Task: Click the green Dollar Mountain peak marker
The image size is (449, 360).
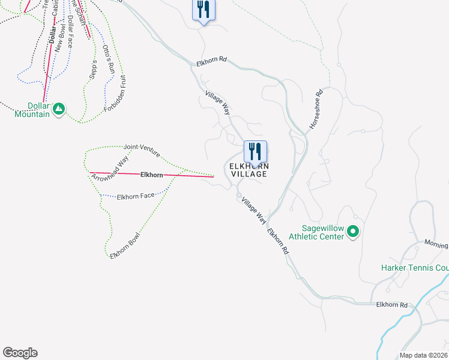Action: (58, 109)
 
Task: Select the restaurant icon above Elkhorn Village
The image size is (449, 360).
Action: (255, 152)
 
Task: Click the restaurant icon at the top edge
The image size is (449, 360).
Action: (203, 10)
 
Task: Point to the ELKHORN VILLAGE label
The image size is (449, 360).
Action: (247, 170)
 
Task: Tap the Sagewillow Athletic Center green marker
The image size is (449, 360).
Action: (353, 231)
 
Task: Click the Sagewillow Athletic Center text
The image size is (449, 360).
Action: (316, 232)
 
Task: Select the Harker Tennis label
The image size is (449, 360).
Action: (415, 268)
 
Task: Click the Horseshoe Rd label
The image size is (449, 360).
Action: (316, 110)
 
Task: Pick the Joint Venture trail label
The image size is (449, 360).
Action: (142, 150)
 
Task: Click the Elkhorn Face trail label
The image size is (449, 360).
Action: (136, 196)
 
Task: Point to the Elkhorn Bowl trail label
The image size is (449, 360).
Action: (125, 245)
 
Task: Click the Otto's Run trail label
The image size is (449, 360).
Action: (108, 59)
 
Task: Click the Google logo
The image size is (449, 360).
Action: (20, 353)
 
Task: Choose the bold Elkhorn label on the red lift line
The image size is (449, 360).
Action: (151, 175)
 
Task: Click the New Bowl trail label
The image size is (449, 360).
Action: (60, 38)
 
